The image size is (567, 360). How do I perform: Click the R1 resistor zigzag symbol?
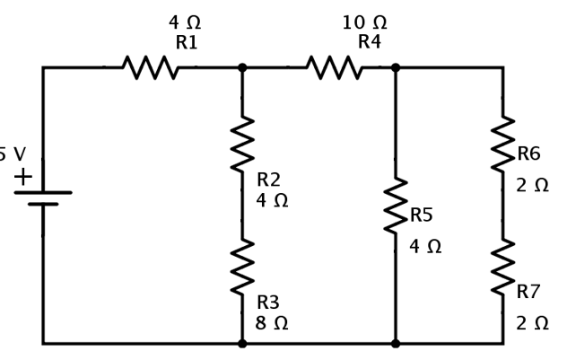click(x=151, y=67)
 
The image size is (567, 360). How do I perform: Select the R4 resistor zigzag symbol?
click(x=335, y=67)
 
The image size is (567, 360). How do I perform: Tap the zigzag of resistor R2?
click(x=242, y=144)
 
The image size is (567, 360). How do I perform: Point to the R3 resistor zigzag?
click(x=242, y=267)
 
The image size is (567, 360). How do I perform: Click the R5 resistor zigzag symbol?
click(x=396, y=206)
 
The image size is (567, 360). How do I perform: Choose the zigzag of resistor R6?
click(x=502, y=144)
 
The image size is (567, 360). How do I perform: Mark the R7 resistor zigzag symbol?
click(x=502, y=267)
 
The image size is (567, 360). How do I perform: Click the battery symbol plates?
click(x=42, y=198)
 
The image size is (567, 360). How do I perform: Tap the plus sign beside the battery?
click(x=22, y=177)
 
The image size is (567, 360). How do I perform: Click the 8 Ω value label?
click(x=272, y=323)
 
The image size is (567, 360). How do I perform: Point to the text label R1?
click(x=187, y=42)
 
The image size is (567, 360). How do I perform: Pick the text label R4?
click(x=370, y=42)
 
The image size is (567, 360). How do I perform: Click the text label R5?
click(x=422, y=215)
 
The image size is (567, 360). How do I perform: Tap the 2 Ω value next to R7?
click(x=532, y=323)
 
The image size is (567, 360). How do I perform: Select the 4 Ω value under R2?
click(x=272, y=201)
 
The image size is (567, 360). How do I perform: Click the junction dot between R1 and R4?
click(x=242, y=67)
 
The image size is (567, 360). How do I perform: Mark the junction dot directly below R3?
click(x=242, y=343)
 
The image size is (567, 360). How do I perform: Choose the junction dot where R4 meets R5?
click(x=396, y=67)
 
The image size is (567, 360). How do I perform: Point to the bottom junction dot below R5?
click(x=396, y=343)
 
